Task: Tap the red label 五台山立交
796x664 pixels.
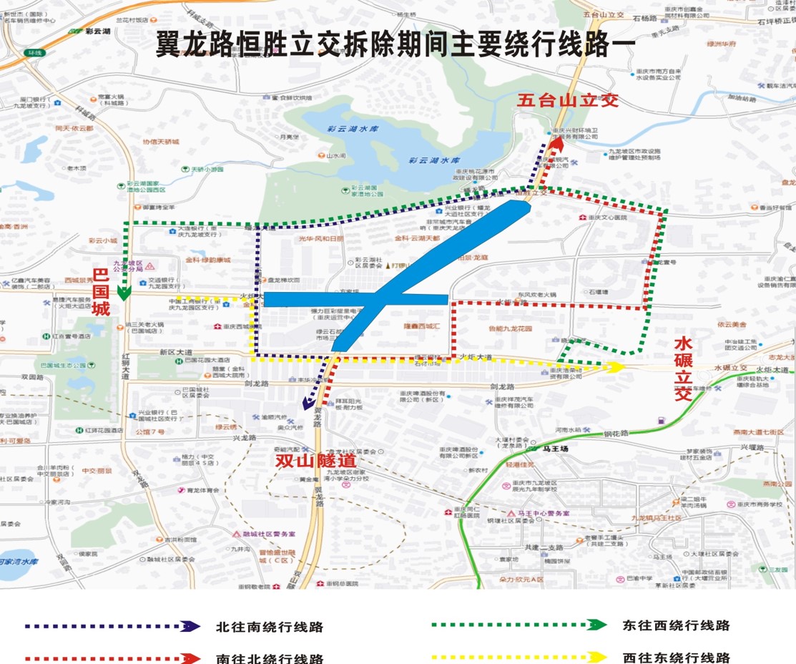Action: click(568, 100)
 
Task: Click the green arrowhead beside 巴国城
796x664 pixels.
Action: click(124, 292)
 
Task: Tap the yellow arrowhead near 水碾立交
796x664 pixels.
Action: click(614, 367)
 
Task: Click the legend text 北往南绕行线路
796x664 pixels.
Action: click(270, 628)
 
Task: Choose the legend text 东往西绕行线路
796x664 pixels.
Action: click(676, 625)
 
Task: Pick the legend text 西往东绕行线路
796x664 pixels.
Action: click(676, 658)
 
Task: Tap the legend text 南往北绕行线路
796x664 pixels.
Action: click(270, 659)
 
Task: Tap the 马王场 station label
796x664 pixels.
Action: click(554, 449)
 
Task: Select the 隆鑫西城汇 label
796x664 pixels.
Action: click(423, 326)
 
